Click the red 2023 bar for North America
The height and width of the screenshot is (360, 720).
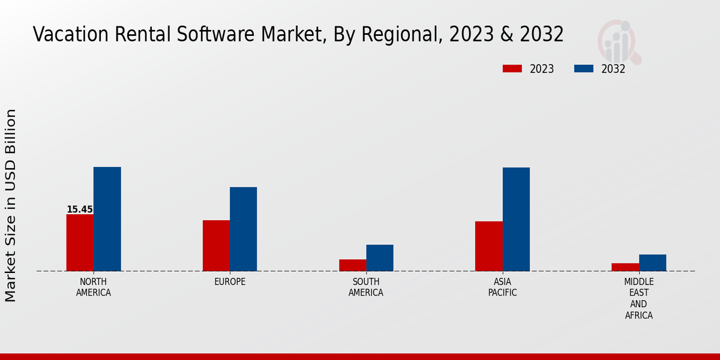coord(80,242)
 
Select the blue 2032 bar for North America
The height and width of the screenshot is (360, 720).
coord(107,219)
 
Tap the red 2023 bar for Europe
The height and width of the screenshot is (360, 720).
coord(216,245)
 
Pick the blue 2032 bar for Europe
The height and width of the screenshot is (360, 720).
coord(243,229)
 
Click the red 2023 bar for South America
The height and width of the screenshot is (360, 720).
coord(352,265)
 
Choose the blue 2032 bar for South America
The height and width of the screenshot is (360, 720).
coord(380,257)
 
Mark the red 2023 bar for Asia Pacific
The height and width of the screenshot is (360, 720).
coord(488,246)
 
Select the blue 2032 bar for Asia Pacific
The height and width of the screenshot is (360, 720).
coord(516,219)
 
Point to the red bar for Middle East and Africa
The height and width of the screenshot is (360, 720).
coord(625,267)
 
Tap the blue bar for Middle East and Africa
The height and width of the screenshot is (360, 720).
coord(652,262)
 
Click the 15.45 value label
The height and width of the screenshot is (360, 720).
coord(80,209)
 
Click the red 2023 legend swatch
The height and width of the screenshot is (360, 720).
coord(512,68)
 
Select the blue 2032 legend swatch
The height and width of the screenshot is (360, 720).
coord(584,68)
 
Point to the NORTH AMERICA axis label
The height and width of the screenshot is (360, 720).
coord(93,287)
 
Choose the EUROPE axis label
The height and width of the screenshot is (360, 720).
coord(230,282)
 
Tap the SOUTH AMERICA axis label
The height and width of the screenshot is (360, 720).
coord(366,287)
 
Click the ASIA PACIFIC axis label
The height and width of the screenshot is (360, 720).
coord(502,287)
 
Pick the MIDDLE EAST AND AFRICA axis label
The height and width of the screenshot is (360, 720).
coord(638,298)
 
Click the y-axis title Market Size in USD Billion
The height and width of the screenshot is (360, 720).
coord(11,205)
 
